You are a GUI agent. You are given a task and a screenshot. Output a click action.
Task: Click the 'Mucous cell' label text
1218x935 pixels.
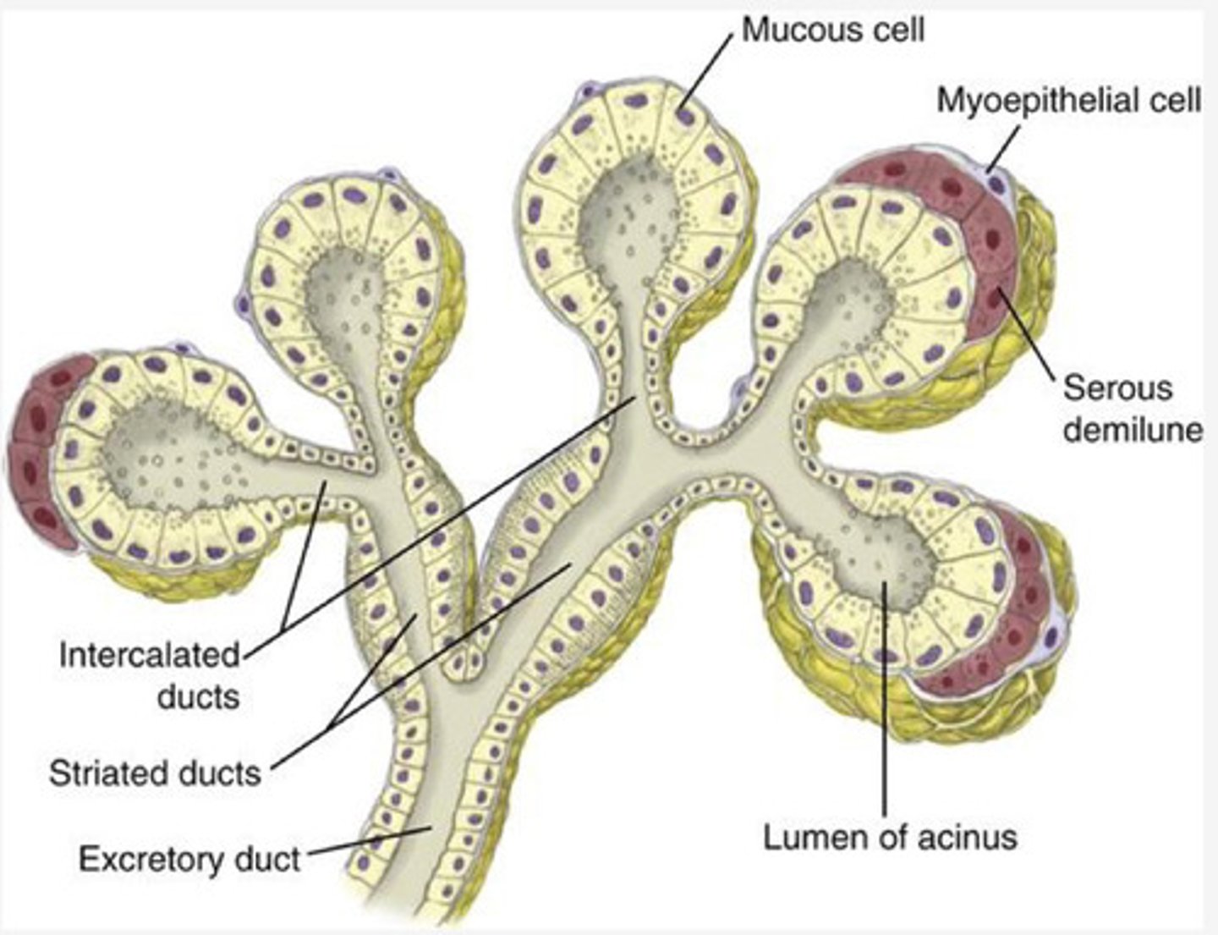[833, 30]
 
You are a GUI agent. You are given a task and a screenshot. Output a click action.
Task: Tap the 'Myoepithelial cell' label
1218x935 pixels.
[1068, 101]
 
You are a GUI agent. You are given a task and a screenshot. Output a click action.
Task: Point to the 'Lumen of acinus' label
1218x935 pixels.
[890, 838]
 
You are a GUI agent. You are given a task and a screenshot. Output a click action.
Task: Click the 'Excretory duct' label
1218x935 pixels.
[189, 859]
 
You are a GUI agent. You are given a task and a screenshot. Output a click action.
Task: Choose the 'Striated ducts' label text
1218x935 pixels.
[155, 773]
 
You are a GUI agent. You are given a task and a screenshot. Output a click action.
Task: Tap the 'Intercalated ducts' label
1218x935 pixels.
[151, 676]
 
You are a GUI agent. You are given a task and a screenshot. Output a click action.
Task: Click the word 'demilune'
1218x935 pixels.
[1132, 430]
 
